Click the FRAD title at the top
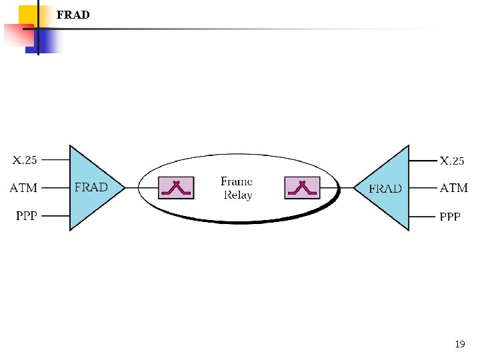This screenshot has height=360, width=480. pos(73,15)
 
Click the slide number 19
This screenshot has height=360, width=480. pos(460,344)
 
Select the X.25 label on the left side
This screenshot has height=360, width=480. pos(25,160)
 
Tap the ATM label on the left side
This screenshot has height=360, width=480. pos(23,188)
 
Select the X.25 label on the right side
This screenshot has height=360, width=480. pos(452,161)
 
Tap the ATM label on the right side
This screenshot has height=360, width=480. pos(453,188)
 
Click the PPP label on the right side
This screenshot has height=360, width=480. pos(450,217)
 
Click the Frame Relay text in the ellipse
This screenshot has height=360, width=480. pos(237,189)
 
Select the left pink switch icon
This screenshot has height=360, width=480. pos(176,188)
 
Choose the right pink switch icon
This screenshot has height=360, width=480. pos(302,188)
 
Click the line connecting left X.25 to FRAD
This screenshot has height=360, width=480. pos(55,160)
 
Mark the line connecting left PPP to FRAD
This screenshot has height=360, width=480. pos(55,215)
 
